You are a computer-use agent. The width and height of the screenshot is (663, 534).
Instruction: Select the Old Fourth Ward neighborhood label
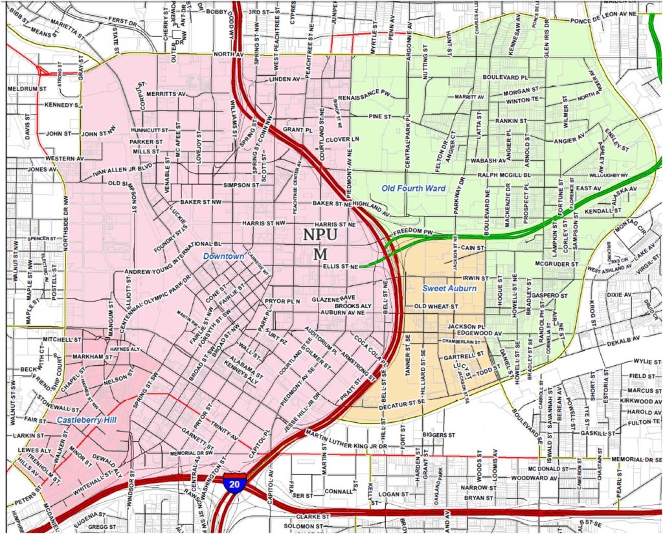414,188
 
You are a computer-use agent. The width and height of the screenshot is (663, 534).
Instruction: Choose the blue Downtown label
223,256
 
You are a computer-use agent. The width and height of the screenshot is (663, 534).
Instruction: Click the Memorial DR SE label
634,459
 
